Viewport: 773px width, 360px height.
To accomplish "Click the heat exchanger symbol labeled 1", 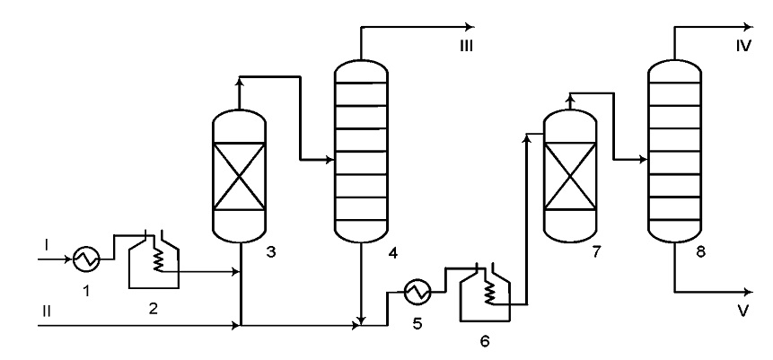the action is [86, 259].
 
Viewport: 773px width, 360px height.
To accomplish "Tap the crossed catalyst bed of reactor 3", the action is [239, 176].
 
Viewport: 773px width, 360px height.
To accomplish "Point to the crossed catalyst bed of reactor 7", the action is [570, 176].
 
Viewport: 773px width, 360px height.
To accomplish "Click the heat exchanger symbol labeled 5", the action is [417, 292].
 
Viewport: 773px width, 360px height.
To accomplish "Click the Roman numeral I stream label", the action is [47, 244].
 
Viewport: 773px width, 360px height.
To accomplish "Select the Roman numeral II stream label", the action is [46, 312].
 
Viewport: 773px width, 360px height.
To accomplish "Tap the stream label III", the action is [466, 47].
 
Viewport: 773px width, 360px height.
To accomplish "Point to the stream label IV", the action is [743, 47].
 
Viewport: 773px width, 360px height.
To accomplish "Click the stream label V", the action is [743, 311].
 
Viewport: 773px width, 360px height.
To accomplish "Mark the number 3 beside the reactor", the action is [270, 252].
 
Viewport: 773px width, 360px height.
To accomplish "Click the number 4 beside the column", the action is [392, 253].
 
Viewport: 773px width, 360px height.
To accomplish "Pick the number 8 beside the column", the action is [700, 252].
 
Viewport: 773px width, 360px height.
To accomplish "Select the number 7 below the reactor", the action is [596, 252].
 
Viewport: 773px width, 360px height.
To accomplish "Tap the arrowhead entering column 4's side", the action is [329, 159].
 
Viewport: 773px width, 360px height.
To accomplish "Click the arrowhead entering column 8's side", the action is [643, 159].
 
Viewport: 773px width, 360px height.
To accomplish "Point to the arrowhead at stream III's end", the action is [470, 27].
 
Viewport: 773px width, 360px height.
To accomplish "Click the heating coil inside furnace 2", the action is [158, 259].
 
